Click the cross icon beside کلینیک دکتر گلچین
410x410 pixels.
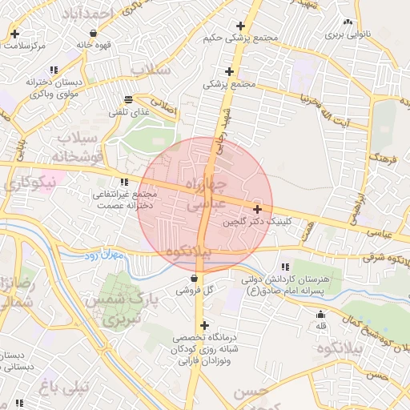(x=256, y=208)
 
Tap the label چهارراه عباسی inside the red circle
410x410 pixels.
(x=200, y=194)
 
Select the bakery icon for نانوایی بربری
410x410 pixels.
(x=347, y=22)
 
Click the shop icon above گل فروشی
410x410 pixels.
(x=195, y=278)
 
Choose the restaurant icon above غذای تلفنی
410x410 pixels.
(x=129, y=100)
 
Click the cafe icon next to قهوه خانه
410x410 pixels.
(x=94, y=34)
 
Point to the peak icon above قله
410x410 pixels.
(x=321, y=314)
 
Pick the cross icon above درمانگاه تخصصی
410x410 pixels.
(x=205, y=326)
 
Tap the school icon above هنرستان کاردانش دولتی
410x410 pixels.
(x=285, y=267)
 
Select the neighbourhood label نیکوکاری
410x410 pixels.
(x=28, y=183)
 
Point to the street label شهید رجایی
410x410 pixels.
(x=223, y=128)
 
